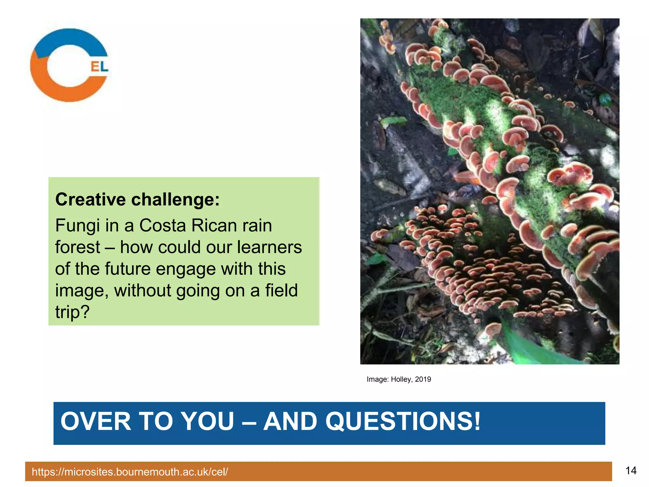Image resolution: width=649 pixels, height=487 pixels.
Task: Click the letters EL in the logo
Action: click(x=100, y=66)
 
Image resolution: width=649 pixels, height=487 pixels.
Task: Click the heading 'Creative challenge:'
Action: click(x=137, y=199)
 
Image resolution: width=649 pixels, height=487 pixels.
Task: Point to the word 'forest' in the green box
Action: click(x=78, y=247)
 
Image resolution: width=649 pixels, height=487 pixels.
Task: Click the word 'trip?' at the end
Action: click(x=73, y=312)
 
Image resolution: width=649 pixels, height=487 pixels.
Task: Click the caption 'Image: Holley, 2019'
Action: click(x=399, y=379)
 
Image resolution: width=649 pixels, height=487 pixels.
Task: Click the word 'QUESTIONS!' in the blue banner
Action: click(x=403, y=421)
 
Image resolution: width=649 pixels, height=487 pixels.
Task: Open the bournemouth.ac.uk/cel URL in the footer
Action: click(x=130, y=472)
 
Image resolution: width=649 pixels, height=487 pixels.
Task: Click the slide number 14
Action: click(x=631, y=471)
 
